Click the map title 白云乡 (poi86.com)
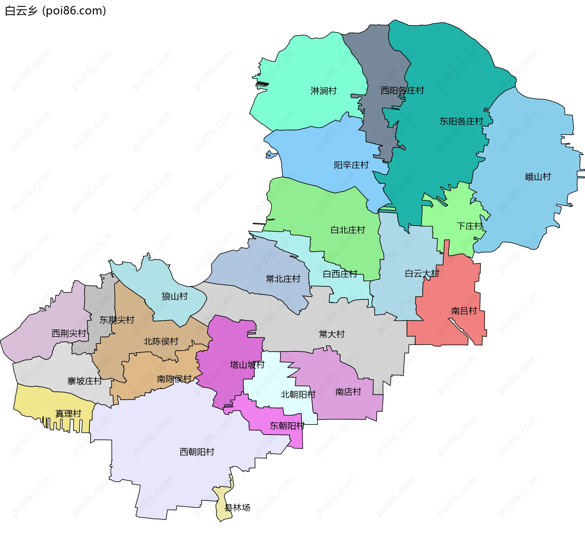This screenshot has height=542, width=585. click(x=55, y=11)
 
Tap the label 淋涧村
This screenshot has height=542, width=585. click(x=324, y=91)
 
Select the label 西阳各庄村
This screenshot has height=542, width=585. click(x=402, y=91)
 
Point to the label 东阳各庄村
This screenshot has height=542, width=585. click(x=461, y=122)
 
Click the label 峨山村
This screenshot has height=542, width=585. click(x=538, y=177)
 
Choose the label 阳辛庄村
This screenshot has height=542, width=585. click(x=351, y=165)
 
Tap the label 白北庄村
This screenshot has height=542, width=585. click(x=348, y=230)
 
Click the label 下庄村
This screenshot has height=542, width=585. click(x=470, y=226)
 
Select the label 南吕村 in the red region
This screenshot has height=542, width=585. click(x=464, y=311)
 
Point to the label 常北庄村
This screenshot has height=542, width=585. click(x=283, y=279)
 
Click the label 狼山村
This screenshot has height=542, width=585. click(x=175, y=296)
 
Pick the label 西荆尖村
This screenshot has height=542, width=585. click(x=69, y=333)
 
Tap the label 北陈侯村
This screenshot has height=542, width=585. click(x=161, y=341)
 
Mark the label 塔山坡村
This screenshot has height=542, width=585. click(x=247, y=365)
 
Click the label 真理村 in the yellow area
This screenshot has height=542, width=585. click(x=68, y=414)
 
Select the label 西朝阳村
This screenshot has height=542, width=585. click(x=197, y=452)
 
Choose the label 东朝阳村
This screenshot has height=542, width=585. click(x=287, y=426)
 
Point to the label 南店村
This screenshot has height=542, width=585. click(x=348, y=392)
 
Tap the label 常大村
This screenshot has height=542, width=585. click(x=332, y=334)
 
